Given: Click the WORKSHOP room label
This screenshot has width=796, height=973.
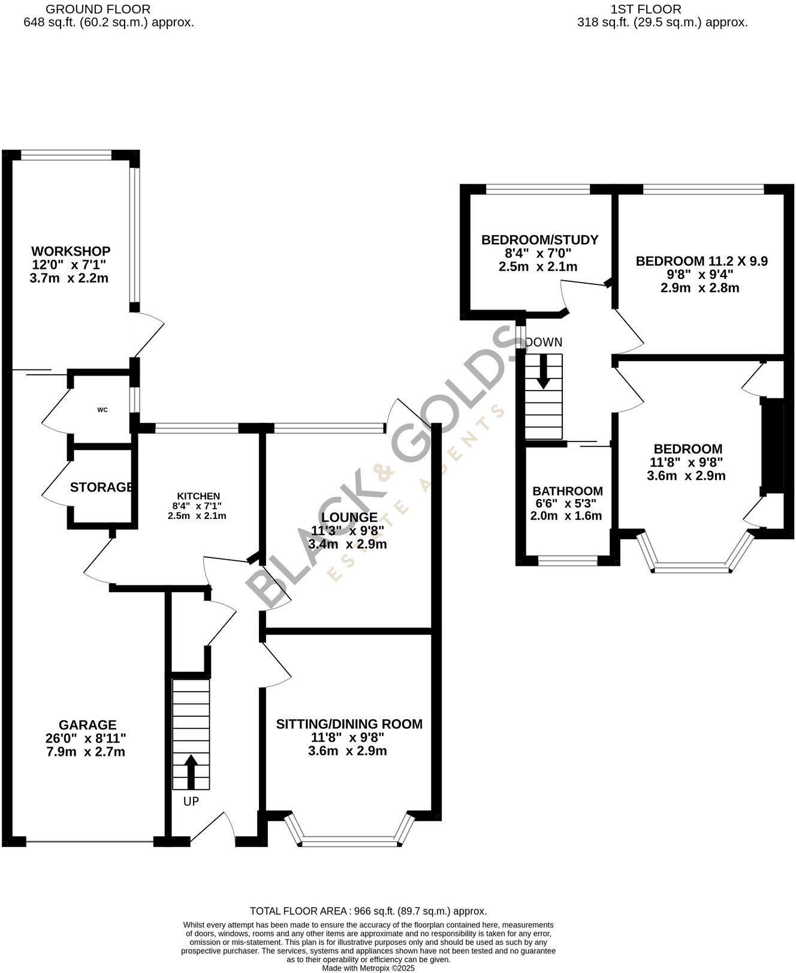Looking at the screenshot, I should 71,251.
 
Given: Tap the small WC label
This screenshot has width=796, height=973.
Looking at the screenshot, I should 102,410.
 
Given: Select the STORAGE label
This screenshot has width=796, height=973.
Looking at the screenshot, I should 101,487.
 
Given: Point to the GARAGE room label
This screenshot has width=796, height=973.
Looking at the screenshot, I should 88,725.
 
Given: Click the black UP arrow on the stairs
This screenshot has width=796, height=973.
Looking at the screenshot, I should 191,772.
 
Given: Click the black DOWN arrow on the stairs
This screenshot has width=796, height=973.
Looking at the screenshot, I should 543,372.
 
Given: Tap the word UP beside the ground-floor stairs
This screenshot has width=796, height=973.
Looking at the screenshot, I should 191,801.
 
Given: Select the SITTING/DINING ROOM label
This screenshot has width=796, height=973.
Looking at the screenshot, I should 349,724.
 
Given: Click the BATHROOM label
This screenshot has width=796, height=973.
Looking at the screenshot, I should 567,491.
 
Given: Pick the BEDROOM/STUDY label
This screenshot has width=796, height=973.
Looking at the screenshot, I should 539,240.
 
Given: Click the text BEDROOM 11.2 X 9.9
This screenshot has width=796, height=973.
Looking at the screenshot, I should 701,261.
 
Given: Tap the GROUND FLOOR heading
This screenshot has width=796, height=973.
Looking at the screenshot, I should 98,9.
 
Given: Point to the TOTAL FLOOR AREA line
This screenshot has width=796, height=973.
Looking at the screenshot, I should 368,911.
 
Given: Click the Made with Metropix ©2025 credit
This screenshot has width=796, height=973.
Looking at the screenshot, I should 368,968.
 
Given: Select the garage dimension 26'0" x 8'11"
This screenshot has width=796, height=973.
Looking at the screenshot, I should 86,738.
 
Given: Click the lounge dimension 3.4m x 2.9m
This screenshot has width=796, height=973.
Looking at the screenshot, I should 347,545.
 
